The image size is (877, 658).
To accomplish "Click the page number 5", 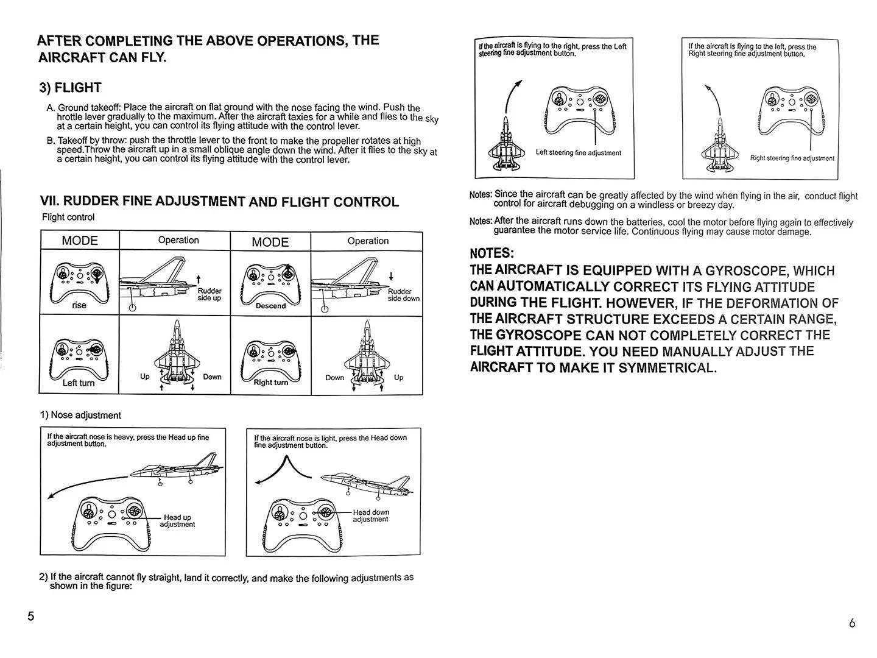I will click(30, 616).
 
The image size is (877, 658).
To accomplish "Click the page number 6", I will click(851, 623).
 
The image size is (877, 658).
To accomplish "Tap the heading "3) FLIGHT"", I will click(70, 88).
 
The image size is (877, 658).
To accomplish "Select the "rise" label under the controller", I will click(79, 305).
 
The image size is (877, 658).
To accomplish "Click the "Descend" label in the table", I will click(270, 306).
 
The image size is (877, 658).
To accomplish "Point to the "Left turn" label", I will click(79, 383).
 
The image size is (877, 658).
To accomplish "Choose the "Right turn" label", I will click(270, 383).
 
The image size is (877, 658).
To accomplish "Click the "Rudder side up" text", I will click(210, 294).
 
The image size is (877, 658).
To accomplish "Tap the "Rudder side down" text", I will click(403, 295).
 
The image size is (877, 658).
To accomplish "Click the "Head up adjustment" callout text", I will click(177, 521).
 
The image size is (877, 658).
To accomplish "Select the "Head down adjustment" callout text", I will click(371, 516).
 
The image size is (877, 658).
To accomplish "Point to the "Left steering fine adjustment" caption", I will click(578, 153).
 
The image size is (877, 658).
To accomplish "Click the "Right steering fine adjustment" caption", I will click(792, 158).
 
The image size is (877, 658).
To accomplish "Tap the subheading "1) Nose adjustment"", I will click(80, 416).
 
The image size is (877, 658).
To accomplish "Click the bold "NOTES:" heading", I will click(491, 253).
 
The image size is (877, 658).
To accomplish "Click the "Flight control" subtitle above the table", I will click(68, 218).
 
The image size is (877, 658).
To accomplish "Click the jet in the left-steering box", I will click(505, 144).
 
